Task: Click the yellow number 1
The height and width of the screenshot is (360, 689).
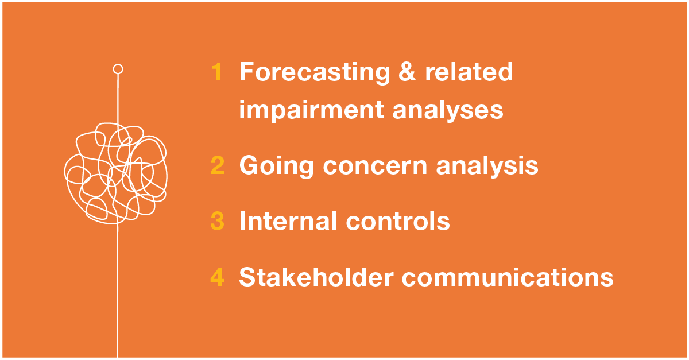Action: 217,72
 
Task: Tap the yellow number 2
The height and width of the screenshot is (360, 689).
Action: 218,165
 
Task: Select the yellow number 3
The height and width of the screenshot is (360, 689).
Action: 218,220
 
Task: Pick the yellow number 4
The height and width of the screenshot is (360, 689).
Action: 217,277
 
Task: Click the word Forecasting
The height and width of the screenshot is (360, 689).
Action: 315,72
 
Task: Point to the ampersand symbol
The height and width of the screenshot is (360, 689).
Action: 407,72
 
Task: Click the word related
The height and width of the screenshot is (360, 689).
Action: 469,71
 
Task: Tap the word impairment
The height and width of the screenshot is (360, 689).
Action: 312,110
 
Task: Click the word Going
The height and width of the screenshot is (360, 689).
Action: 276,166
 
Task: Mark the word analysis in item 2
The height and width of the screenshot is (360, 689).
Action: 487,166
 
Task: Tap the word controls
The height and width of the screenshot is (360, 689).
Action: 398,220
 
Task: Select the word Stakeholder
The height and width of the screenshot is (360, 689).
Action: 316,277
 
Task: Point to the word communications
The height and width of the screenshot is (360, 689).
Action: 508,277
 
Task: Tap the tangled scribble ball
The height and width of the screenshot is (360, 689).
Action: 115,173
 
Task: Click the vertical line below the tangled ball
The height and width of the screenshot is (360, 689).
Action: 117,291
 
